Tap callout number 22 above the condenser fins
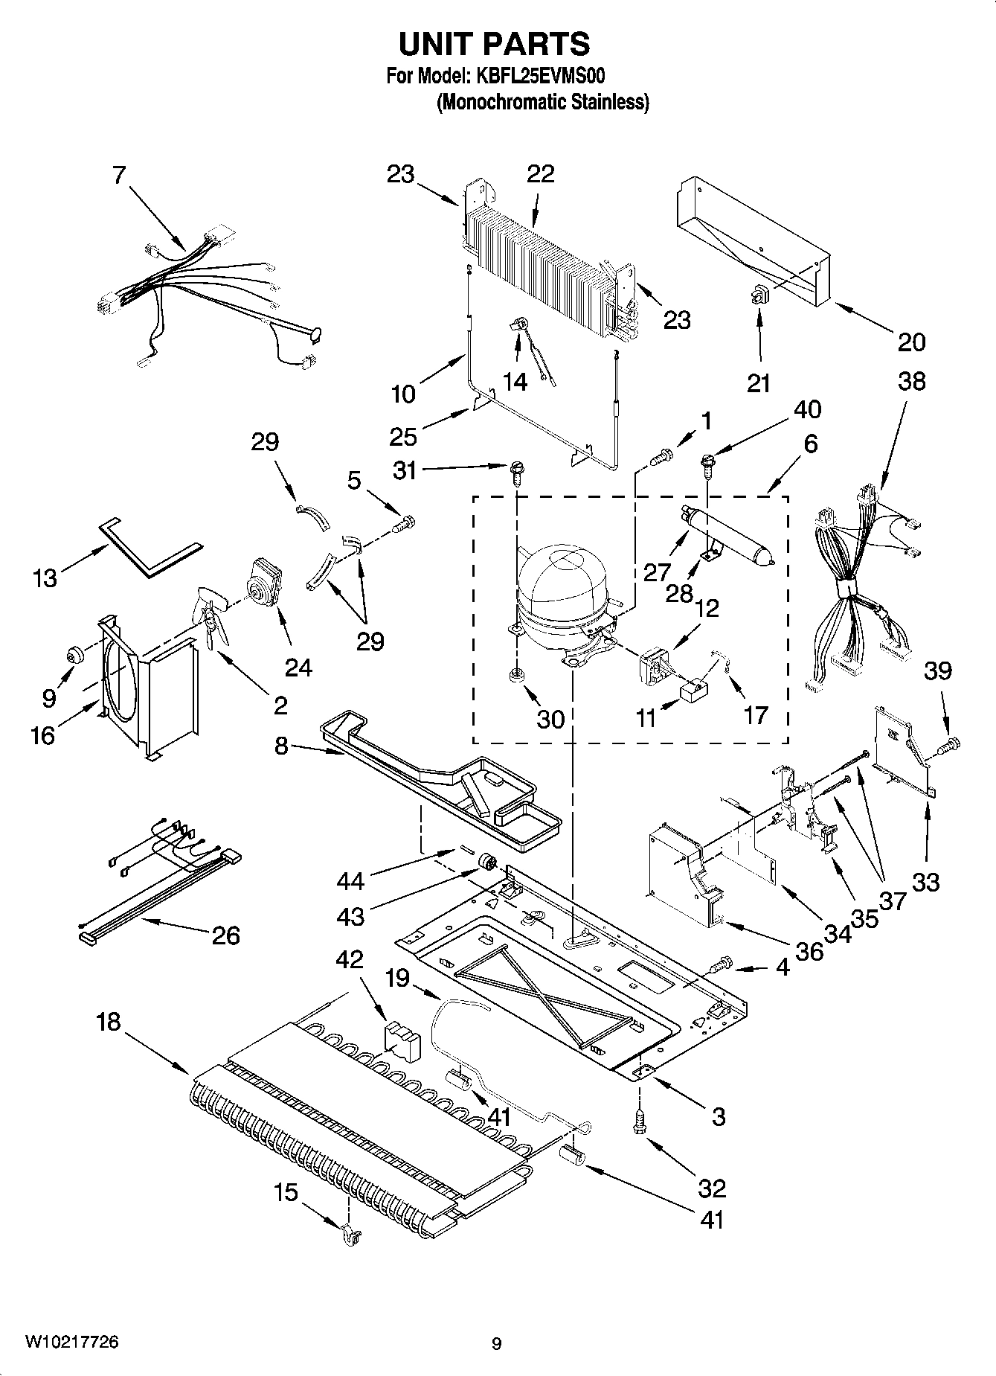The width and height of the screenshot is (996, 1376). (541, 174)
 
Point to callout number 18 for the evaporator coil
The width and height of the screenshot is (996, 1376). (109, 1022)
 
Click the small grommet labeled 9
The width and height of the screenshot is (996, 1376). (75, 656)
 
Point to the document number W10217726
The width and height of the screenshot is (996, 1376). (71, 1343)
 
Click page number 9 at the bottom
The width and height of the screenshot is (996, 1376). (496, 1344)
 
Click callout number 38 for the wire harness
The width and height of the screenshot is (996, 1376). (911, 381)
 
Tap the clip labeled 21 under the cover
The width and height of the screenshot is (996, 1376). (758, 295)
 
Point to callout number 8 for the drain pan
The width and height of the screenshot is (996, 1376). (281, 745)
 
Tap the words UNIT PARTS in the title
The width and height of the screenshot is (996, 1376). (495, 45)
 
